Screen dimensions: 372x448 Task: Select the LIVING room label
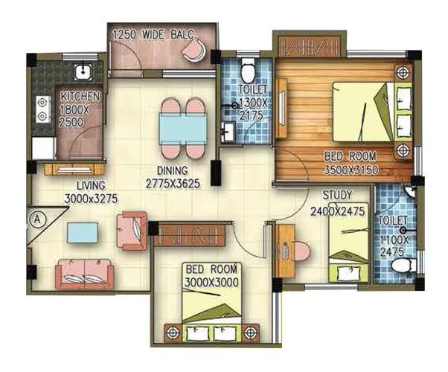click(x=84, y=185)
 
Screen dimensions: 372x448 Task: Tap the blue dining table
click(x=183, y=129)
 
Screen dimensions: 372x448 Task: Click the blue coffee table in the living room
click(x=82, y=233)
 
